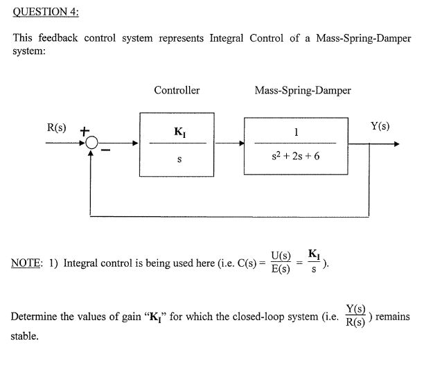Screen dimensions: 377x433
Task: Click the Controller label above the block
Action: (177, 90)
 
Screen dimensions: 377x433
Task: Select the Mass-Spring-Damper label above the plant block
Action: (303, 90)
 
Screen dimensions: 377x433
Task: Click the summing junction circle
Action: (91, 144)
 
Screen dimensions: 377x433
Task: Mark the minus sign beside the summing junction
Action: (107, 150)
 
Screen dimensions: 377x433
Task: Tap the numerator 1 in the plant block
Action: (297, 132)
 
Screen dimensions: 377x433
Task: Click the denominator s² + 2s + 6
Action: (297, 157)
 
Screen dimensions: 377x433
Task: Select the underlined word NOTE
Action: (26, 263)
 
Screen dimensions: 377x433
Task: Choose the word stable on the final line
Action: (24, 337)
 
